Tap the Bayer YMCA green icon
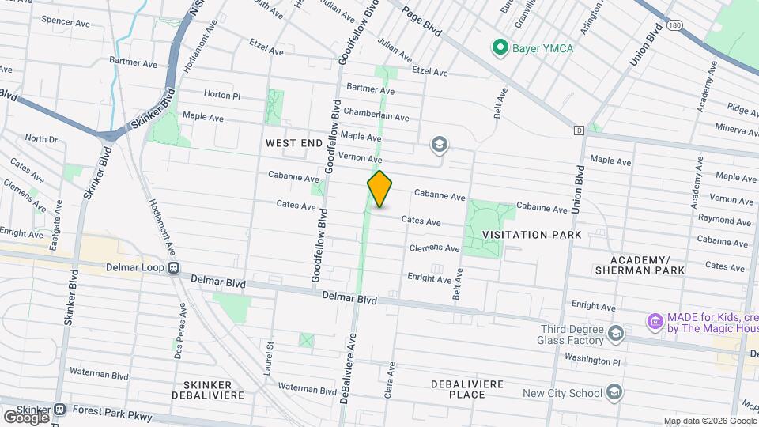click(x=500, y=48)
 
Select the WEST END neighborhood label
click(x=293, y=143)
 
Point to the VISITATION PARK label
click(x=532, y=235)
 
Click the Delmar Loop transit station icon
click(x=173, y=268)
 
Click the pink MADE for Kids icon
click(x=655, y=322)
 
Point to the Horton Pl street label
click(x=221, y=94)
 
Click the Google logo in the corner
click(x=26, y=416)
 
